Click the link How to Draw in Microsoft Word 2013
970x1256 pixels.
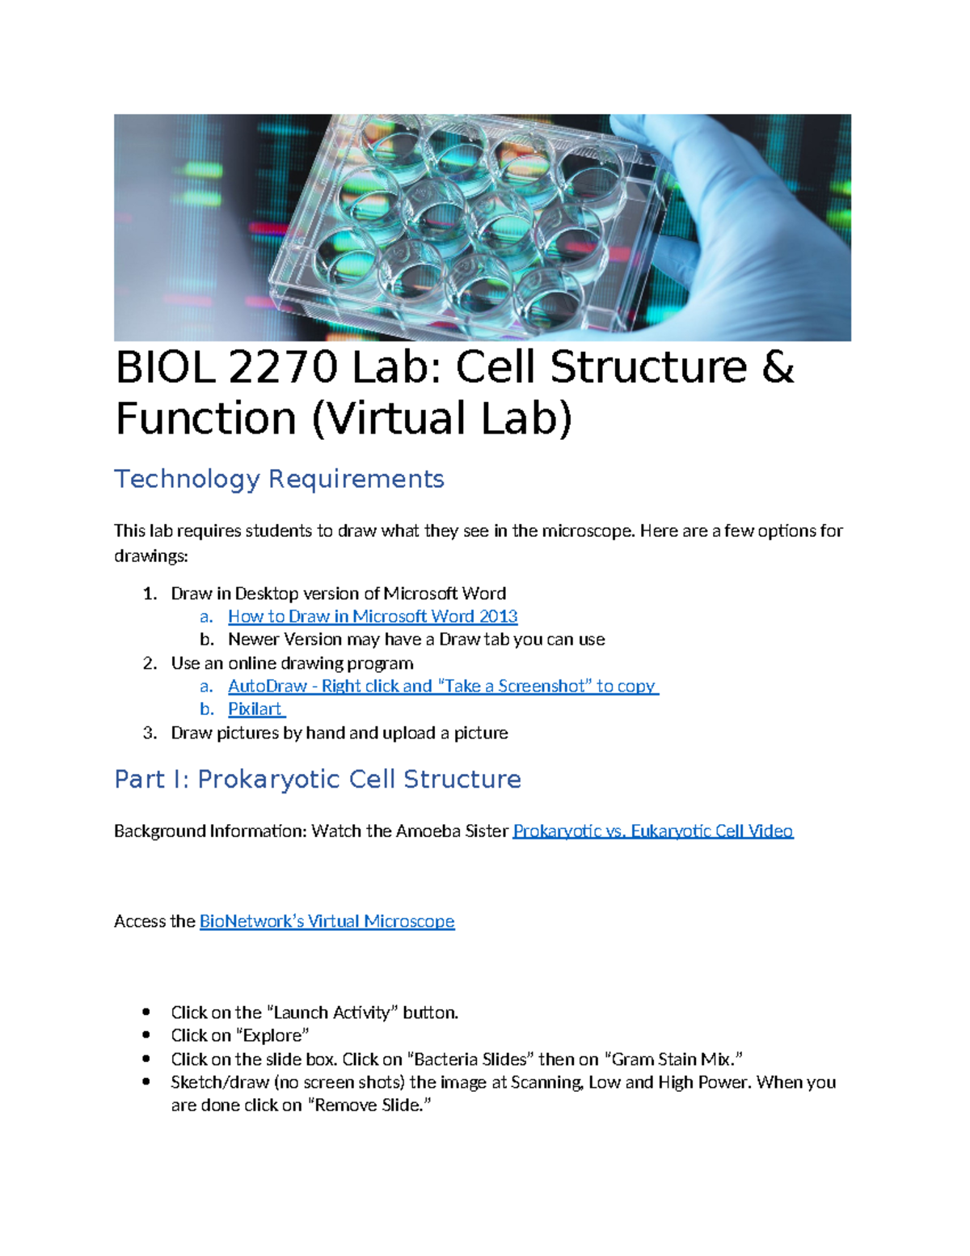coord(373,616)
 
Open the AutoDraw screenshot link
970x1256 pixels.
coord(442,686)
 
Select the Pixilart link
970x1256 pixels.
coord(255,709)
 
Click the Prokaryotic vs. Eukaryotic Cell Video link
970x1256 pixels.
coord(652,831)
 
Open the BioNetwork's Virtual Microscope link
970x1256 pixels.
coord(327,921)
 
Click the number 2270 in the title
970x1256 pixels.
coord(283,368)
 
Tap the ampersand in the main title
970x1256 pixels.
coord(778,368)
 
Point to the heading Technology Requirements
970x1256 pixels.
coord(279,479)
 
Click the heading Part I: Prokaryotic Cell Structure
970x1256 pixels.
coord(317,779)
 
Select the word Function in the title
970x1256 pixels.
coord(206,419)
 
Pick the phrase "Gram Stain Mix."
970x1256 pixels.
coord(673,1059)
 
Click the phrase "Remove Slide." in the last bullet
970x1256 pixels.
coord(369,1106)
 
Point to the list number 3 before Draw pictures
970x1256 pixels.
coord(149,733)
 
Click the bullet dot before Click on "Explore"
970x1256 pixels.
coord(146,1035)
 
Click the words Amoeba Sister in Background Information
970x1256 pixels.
coord(452,831)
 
